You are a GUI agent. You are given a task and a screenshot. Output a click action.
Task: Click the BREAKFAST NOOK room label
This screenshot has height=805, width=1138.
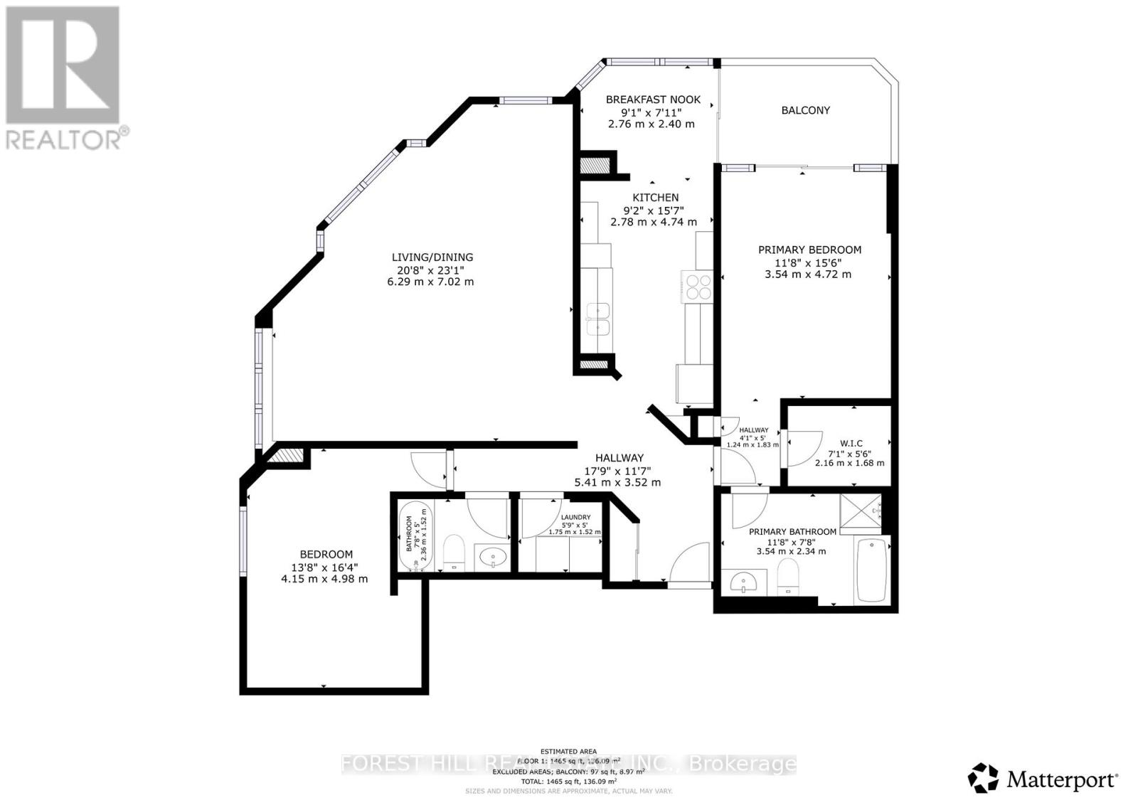653,100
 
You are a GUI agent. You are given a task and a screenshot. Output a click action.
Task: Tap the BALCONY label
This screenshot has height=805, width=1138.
805,110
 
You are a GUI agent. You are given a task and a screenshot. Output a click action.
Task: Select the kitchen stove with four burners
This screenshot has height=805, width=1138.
697,286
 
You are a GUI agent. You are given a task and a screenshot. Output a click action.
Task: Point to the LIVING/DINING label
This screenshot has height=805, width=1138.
432,257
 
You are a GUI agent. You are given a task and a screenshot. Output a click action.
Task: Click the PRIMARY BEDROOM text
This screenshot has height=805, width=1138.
809,250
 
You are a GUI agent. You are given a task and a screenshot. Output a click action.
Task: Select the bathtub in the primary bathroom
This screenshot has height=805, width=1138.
872,570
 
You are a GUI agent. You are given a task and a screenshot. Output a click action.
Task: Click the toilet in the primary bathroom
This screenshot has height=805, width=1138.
787,576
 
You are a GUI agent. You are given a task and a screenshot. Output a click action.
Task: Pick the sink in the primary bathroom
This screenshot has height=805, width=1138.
745,584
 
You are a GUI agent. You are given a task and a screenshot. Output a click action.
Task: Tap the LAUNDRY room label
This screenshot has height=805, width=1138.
575,517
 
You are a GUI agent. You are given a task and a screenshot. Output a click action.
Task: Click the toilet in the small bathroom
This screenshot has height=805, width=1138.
453,553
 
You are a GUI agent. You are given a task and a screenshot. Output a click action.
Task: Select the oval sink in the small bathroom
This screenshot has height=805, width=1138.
491,556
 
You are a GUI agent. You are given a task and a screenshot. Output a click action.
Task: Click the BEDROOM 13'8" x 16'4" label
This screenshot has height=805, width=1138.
326,555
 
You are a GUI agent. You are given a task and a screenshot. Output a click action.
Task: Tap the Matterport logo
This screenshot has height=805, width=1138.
1043,779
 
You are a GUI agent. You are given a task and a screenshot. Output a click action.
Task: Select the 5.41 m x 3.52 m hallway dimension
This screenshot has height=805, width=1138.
617,482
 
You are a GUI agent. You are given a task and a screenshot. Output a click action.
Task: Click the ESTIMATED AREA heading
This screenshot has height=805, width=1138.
568,751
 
